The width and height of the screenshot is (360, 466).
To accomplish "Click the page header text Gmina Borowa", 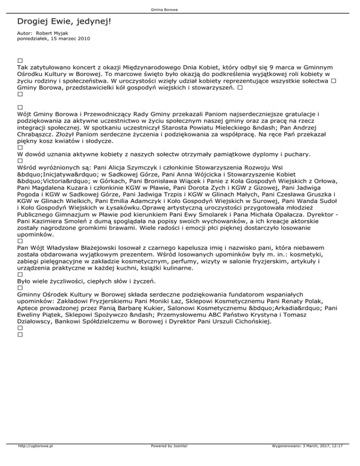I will click(x=180, y=9).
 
